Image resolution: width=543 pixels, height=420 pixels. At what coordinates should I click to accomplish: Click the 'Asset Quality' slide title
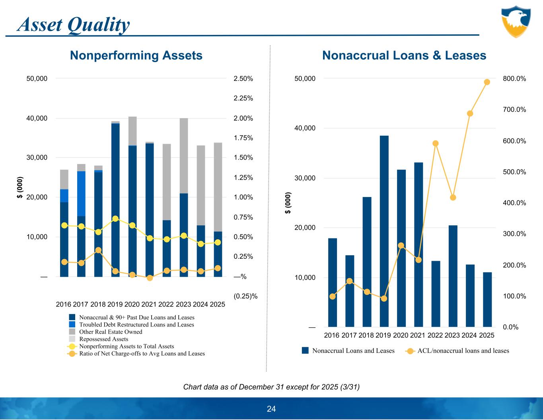pos(74,25)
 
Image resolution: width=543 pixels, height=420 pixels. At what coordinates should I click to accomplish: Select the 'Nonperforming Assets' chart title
pos(136,55)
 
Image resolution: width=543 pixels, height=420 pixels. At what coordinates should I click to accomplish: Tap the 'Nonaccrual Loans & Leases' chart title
pos(404,55)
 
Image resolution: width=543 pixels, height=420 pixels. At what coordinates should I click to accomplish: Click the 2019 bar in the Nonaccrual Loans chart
pos(384,231)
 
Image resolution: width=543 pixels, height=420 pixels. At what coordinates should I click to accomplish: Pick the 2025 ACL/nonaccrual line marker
pos(487,82)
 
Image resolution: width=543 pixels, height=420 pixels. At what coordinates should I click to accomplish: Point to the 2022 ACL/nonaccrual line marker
pos(436,143)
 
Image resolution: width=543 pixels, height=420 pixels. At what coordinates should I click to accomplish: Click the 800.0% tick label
pos(514,79)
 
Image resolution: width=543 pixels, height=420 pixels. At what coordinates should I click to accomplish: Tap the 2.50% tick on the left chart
pos(243,79)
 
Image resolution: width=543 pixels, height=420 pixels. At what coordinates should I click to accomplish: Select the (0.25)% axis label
pos(245,296)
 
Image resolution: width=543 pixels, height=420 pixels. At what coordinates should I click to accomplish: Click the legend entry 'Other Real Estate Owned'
pos(110,332)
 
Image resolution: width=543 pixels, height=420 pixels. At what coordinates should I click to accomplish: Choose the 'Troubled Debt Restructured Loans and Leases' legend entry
pos(136,324)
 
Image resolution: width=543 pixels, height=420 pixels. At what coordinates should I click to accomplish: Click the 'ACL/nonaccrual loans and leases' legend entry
pos(463,351)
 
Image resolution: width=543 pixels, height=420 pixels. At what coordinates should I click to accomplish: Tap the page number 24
pos(271,409)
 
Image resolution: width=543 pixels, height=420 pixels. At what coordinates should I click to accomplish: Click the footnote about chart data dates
pos(271,387)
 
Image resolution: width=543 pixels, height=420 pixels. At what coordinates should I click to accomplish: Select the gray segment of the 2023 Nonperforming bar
pos(183,155)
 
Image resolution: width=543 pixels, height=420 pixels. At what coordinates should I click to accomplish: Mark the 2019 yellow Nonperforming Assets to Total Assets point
pos(115,219)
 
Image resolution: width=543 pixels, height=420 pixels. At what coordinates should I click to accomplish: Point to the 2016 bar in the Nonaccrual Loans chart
pos(333,283)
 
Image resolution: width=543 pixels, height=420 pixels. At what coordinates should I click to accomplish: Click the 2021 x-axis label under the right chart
pos(418,335)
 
